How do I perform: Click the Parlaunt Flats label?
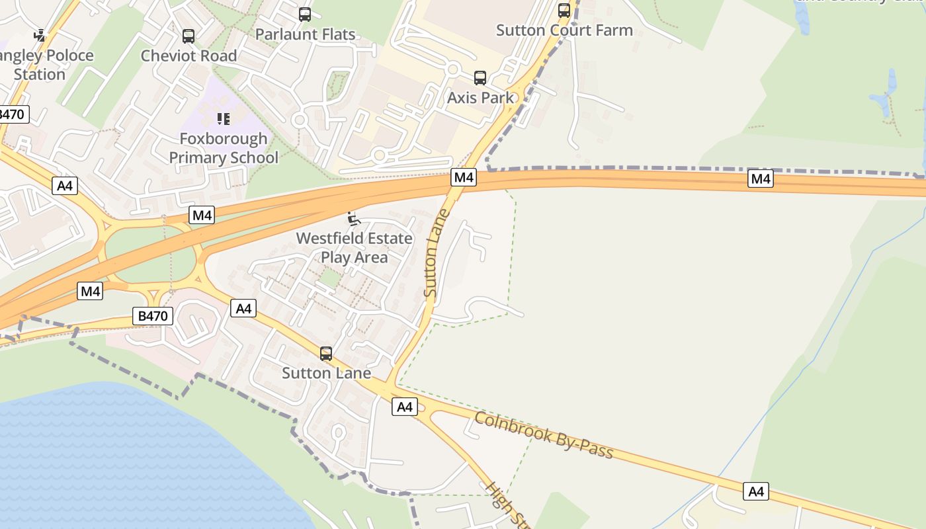coord(305,34)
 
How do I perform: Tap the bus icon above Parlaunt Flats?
coord(305,15)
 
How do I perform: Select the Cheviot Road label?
coord(189,56)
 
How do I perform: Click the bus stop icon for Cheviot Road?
coord(189,36)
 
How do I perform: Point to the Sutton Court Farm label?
coord(564,30)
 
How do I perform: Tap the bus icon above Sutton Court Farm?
coord(564,11)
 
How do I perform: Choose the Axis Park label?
coord(480,97)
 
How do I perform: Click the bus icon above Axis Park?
coord(480,78)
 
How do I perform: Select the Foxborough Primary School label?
coord(224,148)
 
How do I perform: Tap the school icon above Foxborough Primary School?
coord(224,119)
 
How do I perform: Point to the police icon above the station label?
coord(40,35)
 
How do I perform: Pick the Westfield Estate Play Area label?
coord(354,247)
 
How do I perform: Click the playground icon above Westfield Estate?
coord(354,219)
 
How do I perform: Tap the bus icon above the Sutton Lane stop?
coord(326,354)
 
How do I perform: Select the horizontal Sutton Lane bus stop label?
coord(326,373)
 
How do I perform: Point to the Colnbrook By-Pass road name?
coord(544,436)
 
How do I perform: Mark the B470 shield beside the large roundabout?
coord(152,316)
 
